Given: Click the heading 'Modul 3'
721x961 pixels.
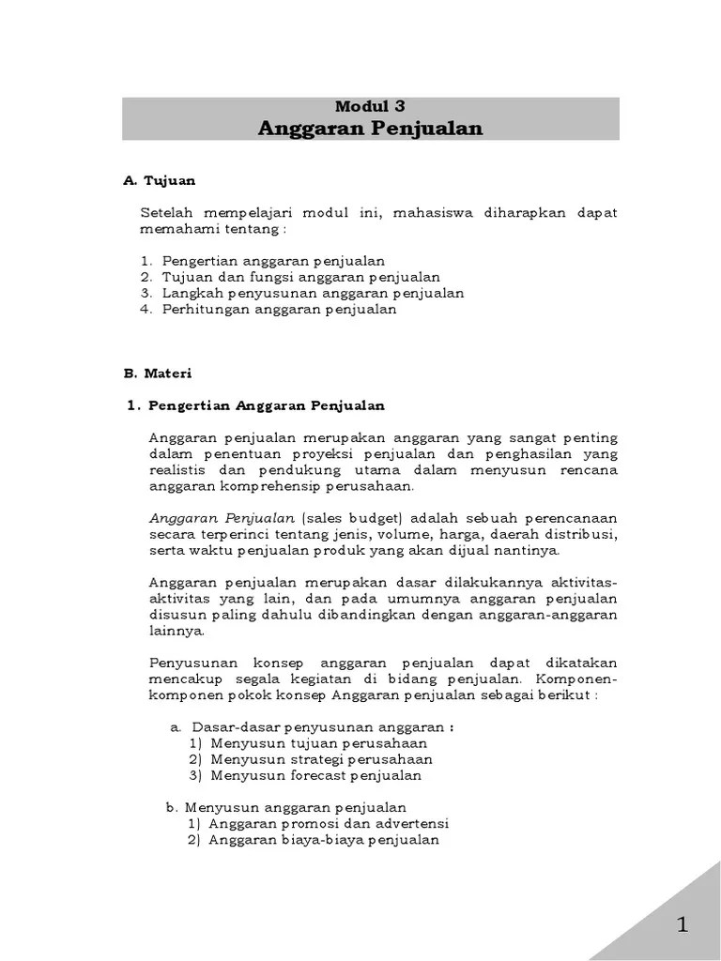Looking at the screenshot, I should pos(370,107).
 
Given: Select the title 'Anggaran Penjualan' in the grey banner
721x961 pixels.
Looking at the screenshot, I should pos(370,129).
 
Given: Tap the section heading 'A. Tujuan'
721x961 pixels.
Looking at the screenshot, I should pos(160,180).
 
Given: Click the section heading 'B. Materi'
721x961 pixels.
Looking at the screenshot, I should pos(157,373).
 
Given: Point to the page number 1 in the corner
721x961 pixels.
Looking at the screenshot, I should pos(683,925).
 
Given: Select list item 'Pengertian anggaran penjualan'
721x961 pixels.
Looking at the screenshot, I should pos(273,260).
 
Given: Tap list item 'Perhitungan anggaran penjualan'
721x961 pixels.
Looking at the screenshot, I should pos(279,309).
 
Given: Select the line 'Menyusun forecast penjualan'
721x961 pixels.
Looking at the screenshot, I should pos(316,775).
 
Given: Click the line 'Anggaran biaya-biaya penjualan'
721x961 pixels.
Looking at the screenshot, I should pos(324,840).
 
